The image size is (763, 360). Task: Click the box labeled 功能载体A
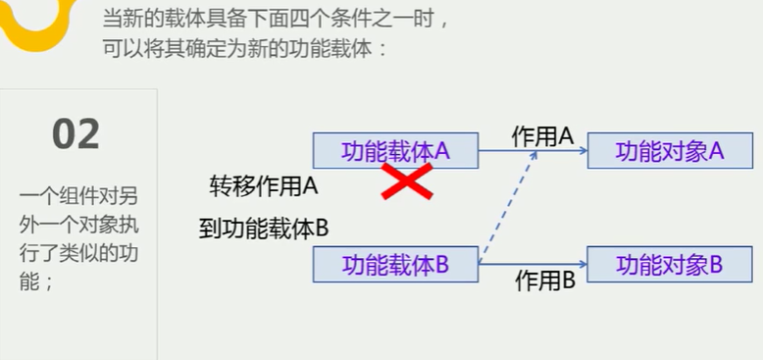[395, 150]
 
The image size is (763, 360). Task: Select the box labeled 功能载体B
[395, 264]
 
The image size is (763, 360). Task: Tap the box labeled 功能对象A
[669, 150]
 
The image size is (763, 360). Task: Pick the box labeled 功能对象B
[669, 264]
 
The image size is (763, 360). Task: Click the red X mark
[407, 181]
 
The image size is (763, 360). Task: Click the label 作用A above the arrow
[541, 135]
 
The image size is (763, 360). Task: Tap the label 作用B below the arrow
[545, 281]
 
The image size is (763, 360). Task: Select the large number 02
[76, 135]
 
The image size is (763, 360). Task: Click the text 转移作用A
[264, 185]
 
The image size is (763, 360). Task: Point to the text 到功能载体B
[263, 230]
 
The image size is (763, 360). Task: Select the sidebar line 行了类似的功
[78, 252]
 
